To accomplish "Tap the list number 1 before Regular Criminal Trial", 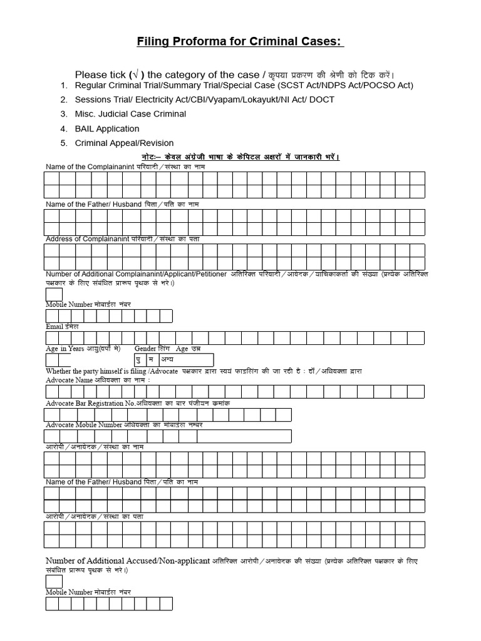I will coord(63,85).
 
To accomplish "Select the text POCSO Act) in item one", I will coord(389,85).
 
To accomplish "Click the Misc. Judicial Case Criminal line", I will coord(130,114).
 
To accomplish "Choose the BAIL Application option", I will coord(107,128).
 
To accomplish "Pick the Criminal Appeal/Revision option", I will coord(124,143).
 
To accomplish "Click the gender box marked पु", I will coord(140,360).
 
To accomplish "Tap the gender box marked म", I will coord(151,360).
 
